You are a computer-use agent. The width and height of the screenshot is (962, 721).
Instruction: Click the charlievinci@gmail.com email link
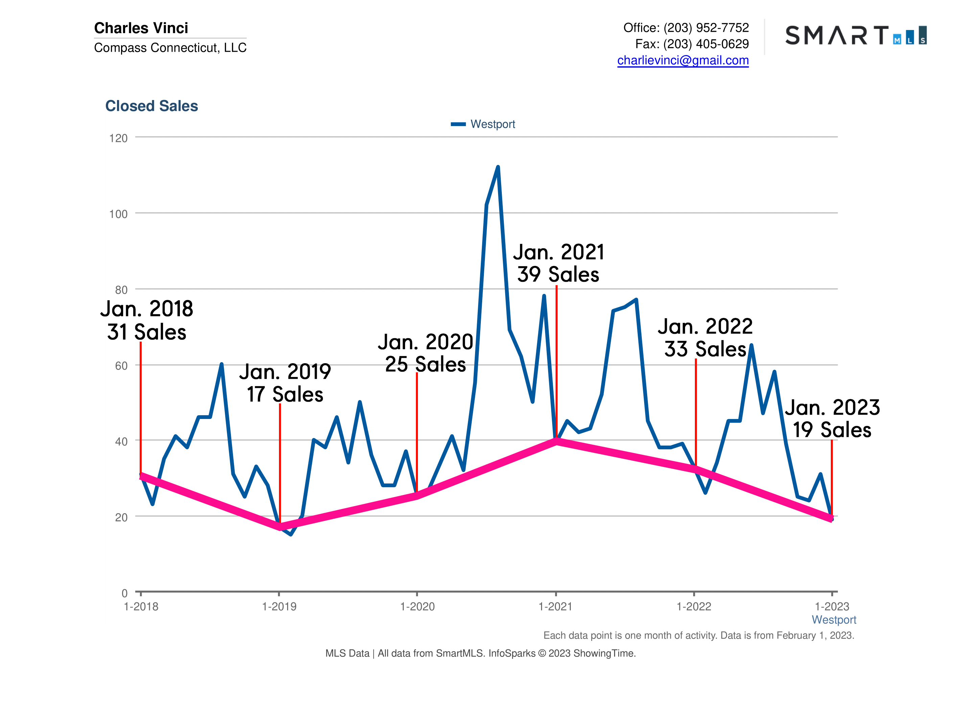(682, 60)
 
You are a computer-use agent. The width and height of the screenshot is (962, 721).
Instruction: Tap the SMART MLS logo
(855, 35)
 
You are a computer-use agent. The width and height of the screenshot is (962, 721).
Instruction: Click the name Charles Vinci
(141, 28)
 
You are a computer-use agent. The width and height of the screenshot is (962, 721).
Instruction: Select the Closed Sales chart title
(151, 106)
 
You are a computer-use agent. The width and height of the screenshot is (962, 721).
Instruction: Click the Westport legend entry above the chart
(484, 124)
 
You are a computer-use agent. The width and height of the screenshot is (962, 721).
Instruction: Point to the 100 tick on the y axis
(118, 214)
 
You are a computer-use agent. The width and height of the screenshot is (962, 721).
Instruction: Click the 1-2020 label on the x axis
(417, 606)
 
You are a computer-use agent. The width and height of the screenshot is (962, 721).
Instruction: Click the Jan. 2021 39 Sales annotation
(558, 264)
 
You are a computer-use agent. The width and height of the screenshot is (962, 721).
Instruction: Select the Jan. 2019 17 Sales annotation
(285, 383)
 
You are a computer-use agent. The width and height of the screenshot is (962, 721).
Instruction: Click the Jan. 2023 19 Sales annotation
(832, 419)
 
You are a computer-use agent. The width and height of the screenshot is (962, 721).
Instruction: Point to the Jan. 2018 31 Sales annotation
(146, 320)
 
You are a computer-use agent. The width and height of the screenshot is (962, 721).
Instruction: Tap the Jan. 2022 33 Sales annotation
(705, 338)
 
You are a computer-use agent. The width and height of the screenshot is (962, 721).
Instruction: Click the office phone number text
(686, 28)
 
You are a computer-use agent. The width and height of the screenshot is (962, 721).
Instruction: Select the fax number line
(691, 44)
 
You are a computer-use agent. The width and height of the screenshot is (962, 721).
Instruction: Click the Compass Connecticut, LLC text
(170, 47)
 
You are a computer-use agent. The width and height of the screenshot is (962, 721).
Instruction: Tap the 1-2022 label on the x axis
(694, 606)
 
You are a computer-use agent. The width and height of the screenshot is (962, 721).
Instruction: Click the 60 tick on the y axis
(121, 366)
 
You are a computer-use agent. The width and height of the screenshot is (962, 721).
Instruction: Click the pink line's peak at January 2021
(556, 442)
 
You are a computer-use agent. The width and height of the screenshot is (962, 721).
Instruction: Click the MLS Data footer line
(480, 653)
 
